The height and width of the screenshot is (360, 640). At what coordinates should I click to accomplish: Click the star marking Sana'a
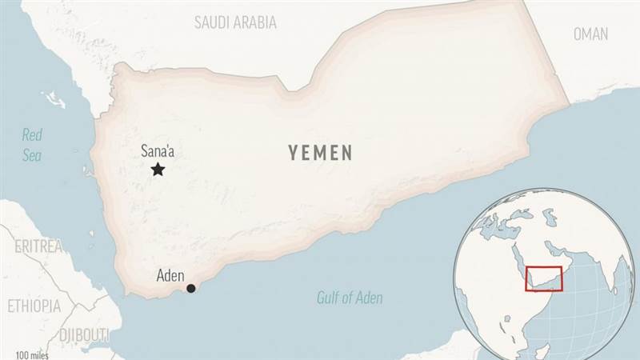pyautogui.click(x=158, y=169)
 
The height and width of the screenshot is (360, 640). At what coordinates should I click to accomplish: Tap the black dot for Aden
pyautogui.click(x=190, y=288)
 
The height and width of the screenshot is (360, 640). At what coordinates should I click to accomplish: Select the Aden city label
pyautogui.click(x=170, y=276)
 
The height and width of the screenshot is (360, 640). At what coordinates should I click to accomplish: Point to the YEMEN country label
pyautogui.click(x=321, y=154)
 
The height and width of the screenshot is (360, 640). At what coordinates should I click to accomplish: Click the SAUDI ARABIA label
pyautogui.click(x=235, y=22)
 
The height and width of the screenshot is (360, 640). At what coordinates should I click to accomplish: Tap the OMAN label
pyautogui.click(x=590, y=34)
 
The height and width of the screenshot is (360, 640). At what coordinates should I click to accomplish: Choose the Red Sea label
pyautogui.click(x=32, y=145)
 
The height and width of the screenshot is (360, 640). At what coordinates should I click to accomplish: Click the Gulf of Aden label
pyautogui.click(x=349, y=298)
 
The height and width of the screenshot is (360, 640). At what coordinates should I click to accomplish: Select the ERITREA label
pyautogui.click(x=38, y=246)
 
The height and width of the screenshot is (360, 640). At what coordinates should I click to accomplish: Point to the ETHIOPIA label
pyautogui.click(x=34, y=306)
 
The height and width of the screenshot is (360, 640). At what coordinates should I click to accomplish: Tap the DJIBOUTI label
pyautogui.click(x=83, y=334)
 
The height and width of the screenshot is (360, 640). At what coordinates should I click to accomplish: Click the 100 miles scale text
pyautogui.click(x=33, y=354)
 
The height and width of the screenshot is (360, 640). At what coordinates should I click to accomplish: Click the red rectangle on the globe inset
pyautogui.click(x=544, y=278)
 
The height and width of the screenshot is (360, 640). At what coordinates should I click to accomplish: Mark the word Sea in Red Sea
pyautogui.click(x=32, y=156)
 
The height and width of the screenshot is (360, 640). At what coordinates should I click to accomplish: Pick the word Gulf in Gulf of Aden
pyautogui.click(x=327, y=298)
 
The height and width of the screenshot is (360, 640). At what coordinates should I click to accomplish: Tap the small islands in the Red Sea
pyautogui.click(x=54, y=101)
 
